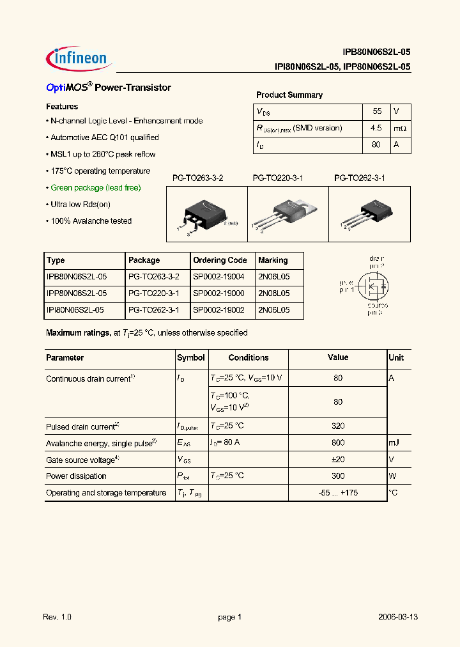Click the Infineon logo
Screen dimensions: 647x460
coord(78,57)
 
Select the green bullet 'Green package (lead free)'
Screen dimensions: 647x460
coord(95,188)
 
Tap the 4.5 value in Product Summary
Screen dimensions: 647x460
coord(376,128)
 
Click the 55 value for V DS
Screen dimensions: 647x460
coord(376,111)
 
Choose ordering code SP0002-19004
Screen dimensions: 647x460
coord(218,277)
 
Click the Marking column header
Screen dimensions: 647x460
coord(273,260)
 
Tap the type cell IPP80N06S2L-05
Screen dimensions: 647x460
coord(77,293)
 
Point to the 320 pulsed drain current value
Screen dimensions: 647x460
coord(338,426)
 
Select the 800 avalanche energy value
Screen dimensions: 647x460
coord(338,443)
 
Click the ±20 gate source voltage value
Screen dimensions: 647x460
coord(338,460)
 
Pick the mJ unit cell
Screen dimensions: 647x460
coord(394,443)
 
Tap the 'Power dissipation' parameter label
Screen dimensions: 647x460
coord(76,476)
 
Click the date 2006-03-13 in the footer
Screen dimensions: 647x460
coord(397,617)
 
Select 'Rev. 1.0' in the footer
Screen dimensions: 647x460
coord(57,617)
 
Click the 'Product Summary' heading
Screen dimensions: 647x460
coord(289,95)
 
